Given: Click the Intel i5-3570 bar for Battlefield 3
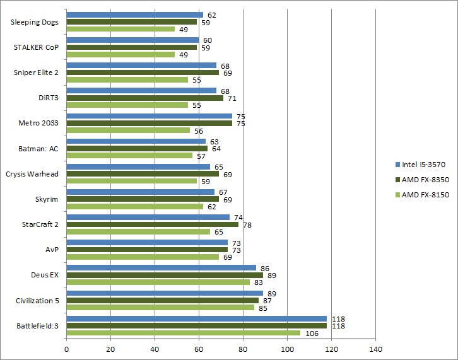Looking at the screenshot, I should [196, 319].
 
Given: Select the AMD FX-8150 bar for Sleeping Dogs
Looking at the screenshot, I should [120, 29].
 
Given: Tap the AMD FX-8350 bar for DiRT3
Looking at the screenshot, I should [144, 98].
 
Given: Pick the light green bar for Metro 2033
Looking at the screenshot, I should [128, 130].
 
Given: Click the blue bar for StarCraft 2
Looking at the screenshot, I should [148, 218].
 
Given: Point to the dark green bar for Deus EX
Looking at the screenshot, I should [165, 275].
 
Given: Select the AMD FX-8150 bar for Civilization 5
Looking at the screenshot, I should [160, 308].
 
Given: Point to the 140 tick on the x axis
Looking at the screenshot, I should [375, 348].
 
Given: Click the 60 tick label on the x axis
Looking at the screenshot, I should [199, 348].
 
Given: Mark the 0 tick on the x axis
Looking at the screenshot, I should [66, 348].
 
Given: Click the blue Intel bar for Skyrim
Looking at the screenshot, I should [140, 192].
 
